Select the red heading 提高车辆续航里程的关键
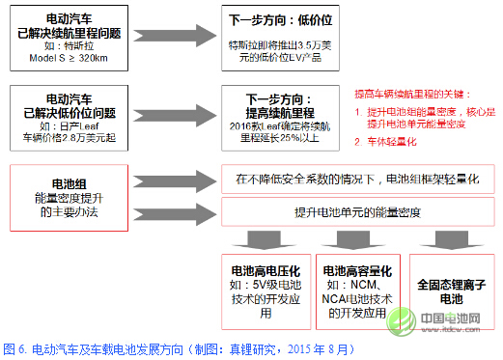415,93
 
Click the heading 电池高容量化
358,271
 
